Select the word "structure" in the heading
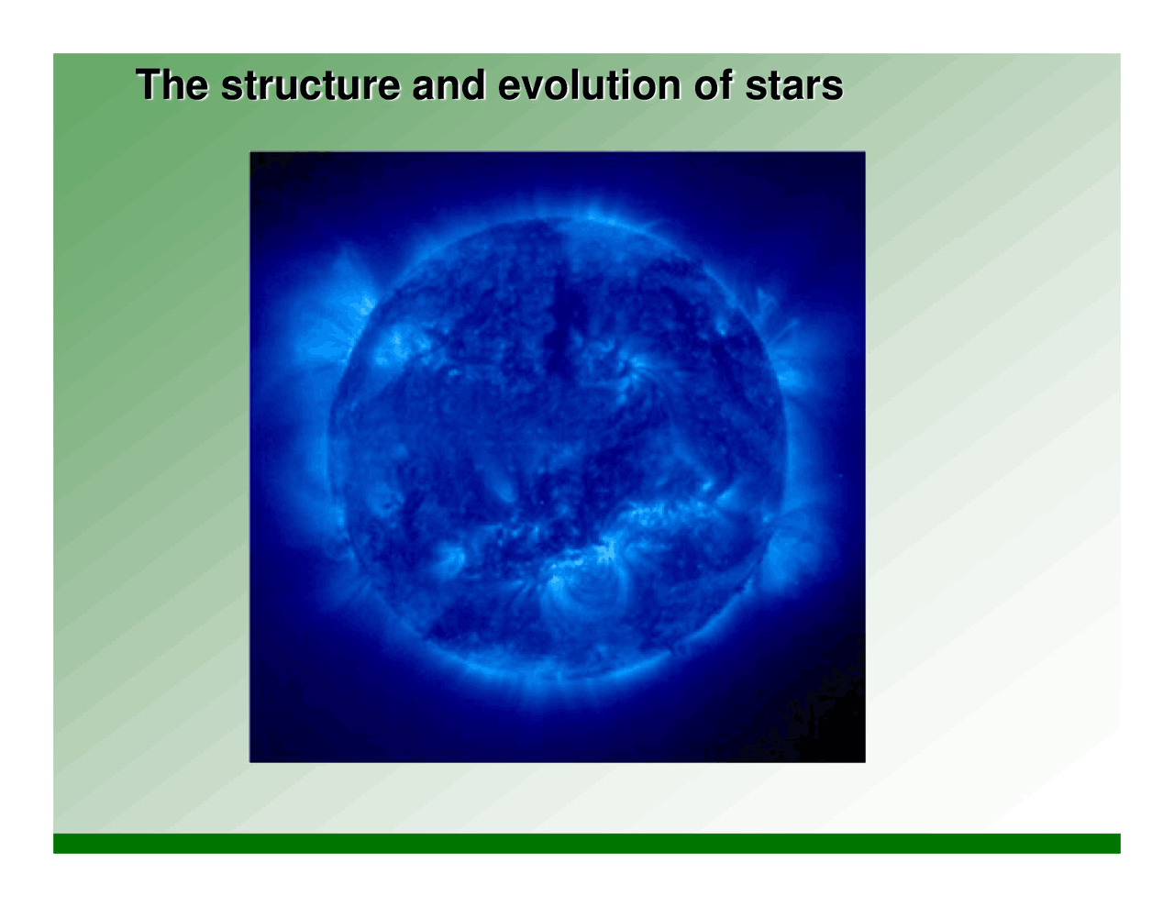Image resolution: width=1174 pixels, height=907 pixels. point(310,85)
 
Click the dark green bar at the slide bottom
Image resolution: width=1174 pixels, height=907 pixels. point(587,843)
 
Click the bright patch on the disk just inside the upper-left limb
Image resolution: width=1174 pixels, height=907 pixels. point(399,344)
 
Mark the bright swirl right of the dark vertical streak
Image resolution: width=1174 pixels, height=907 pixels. point(633,371)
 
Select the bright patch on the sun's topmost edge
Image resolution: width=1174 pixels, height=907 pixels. point(587,216)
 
